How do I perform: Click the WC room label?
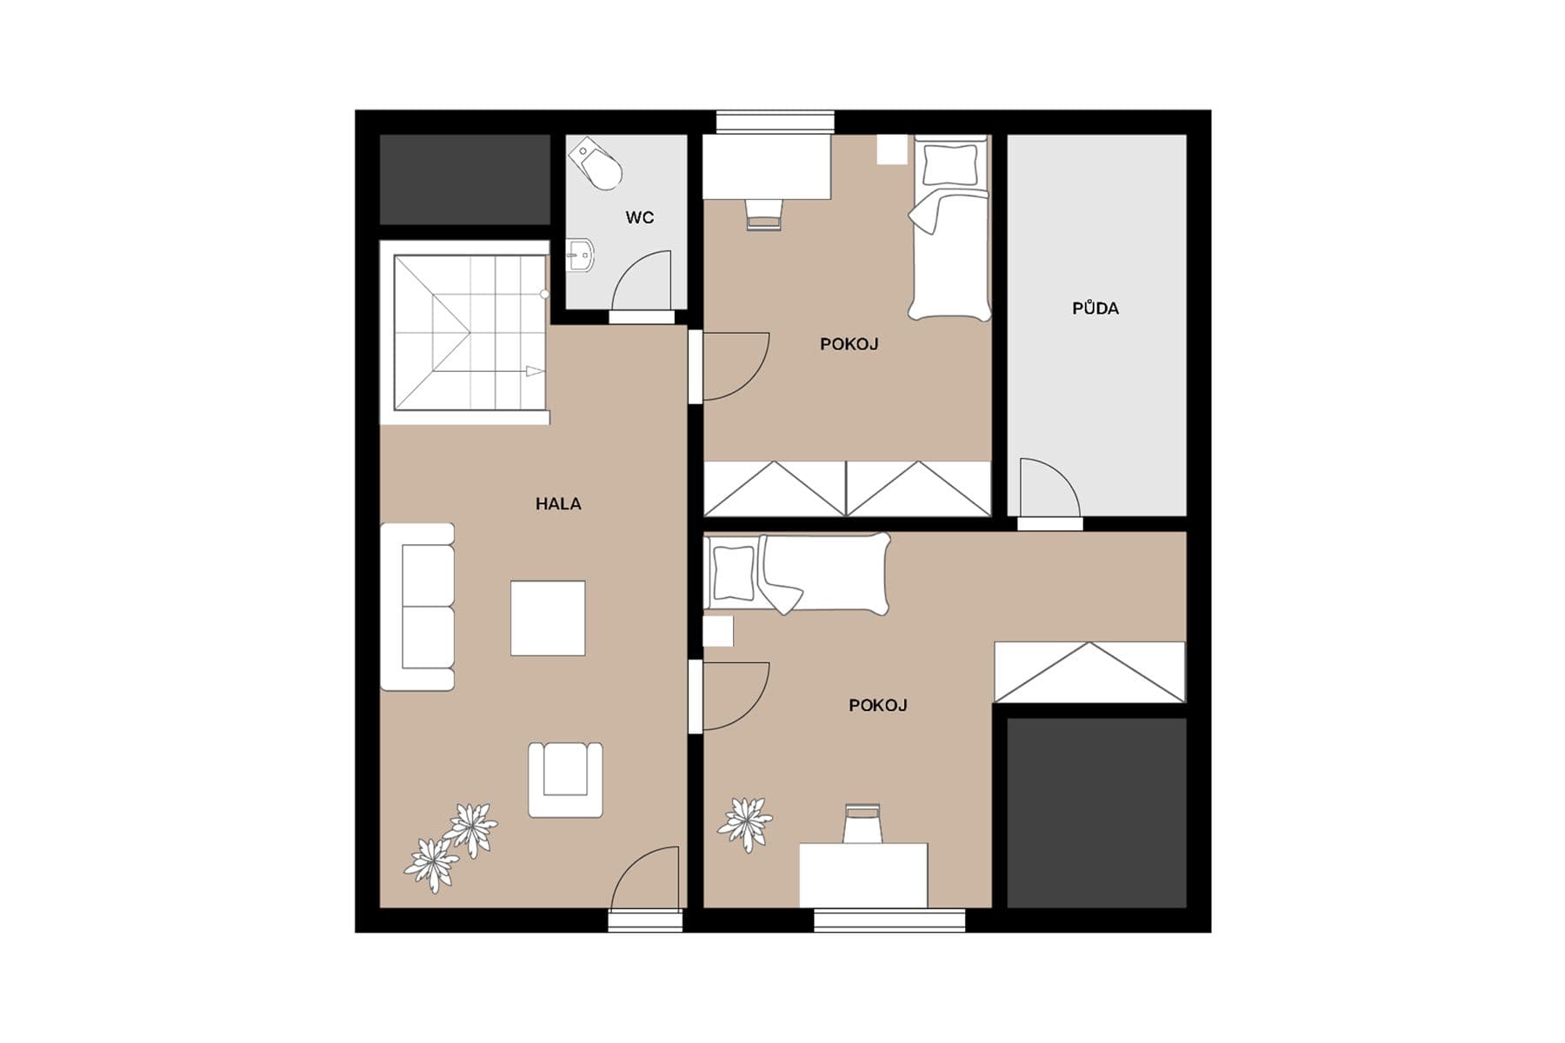pyautogui.click(x=639, y=217)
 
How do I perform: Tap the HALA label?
pyautogui.click(x=558, y=503)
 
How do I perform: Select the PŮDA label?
pyautogui.click(x=1095, y=308)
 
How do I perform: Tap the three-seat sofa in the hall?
pyautogui.click(x=418, y=607)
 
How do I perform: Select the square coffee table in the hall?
pyautogui.click(x=548, y=618)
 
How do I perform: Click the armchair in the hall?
pyautogui.click(x=565, y=779)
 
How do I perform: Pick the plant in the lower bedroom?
pyautogui.click(x=745, y=822)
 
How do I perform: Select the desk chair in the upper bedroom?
pyautogui.click(x=764, y=214)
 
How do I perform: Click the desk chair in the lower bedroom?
pyautogui.click(x=862, y=822)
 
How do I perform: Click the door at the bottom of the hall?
pyautogui.click(x=645, y=880)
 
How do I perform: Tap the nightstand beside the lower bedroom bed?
pyautogui.click(x=718, y=630)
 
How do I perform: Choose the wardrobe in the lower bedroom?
pyautogui.click(x=1089, y=672)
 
